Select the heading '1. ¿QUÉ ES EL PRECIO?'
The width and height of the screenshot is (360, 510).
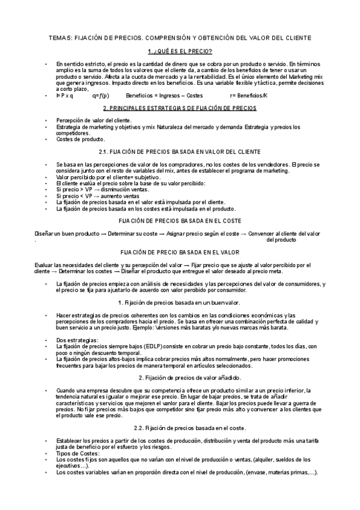coord(180,52)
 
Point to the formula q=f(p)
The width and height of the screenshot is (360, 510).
coord(101,96)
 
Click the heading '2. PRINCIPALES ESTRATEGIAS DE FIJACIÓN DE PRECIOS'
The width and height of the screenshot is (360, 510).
coord(180,108)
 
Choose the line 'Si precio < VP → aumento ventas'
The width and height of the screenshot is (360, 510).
coord(97,196)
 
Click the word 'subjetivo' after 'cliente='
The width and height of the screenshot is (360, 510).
coord(147,177)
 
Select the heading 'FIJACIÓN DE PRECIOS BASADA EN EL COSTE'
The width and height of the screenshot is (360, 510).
coord(180,221)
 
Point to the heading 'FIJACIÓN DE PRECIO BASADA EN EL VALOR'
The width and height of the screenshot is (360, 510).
coord(180,252)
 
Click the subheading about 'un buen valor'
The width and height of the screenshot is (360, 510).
coord(180,302)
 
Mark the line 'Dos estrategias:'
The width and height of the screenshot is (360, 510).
coord(77,340)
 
